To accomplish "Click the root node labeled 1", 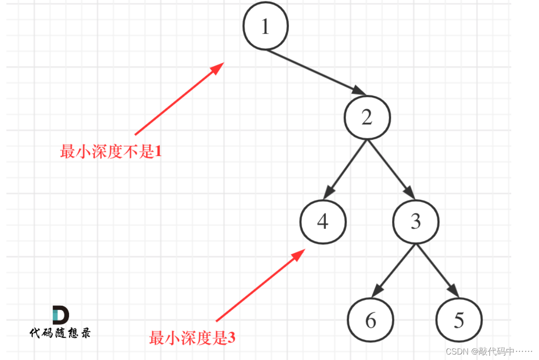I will [x=265, y=27].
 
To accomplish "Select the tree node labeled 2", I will [x=367, y=117].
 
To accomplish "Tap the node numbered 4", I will [x=322, y=222].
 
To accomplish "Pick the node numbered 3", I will [x=416, y=222].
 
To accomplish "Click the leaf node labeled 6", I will [x=370, y=320].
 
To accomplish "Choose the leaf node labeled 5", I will [x=458, y=320].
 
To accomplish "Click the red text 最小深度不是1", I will [x=111, y=152].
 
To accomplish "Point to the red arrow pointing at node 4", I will [x=259, y=285].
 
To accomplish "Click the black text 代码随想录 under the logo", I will [x=60, y=333].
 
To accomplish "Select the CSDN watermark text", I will [x=489, y=351].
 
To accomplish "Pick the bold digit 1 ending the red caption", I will [x=158, y=152].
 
